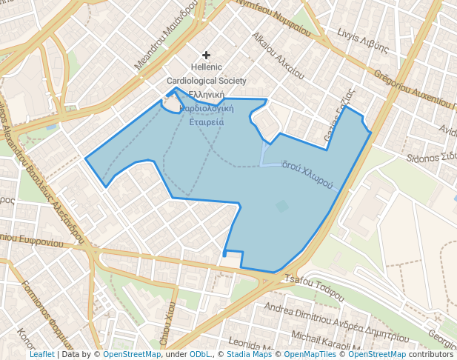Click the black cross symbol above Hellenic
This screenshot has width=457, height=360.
(206, 55)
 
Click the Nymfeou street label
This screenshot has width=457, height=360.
(272, 16)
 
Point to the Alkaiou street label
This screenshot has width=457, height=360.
(278, 55)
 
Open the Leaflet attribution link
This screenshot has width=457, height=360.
(41, 355)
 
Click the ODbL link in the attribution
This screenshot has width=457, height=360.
(200, 355)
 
